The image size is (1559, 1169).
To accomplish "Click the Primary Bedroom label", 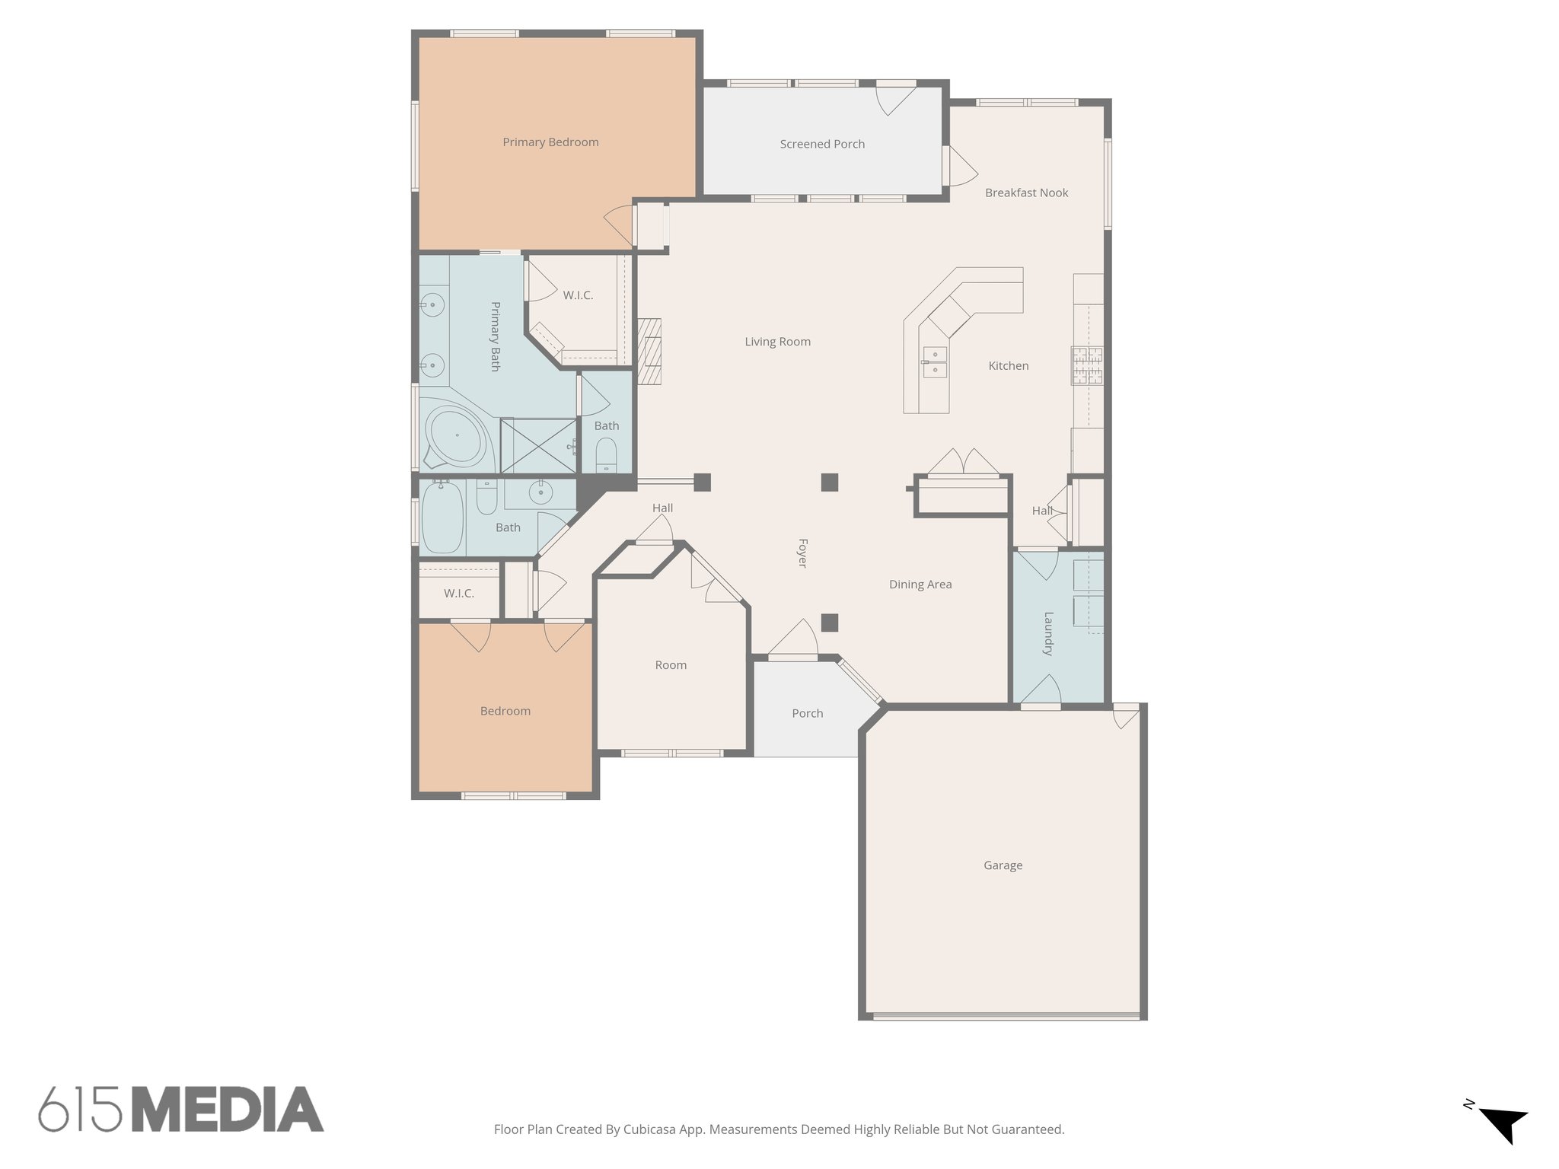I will pyautogui.click(x=550, y=142).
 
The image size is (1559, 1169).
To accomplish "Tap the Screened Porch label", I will pyautogui.click(x=822, y=144).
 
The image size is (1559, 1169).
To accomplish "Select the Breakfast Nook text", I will pyautogui.click(x=1026, y=193).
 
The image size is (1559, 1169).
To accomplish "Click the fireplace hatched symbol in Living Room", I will pyautogui.click(x=649, y=351).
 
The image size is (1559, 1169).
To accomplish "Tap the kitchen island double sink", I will pyautogui.click(x=935, y=362).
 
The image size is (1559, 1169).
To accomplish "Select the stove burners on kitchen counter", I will pyautogui.click(x=1087, y=365).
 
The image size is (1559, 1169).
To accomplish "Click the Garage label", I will pyautogui.click(x=1003, y=865).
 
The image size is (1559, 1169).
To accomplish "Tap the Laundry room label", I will pyautogui.click(x=1048, y=633).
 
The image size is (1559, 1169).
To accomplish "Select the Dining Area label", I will pyautogui.click(x=920, y=584).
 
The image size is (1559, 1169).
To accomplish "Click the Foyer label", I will pyautogui.click(x=802, y=553).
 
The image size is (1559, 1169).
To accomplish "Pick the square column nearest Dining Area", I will pyautogui.click(x=830, y=623).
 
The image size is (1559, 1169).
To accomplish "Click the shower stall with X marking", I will pyautogui.click(x=538, y=445).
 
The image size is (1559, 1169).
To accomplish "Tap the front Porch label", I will pyautogui.click(x=807, y=713).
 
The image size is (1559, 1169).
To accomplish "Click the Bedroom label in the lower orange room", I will pyautogui.click(x=505, y=711).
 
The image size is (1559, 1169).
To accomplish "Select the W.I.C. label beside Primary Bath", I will pyautogui.click(x=578, y=295).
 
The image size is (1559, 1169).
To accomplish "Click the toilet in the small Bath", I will pyautogui.click(x=606, y=456).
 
